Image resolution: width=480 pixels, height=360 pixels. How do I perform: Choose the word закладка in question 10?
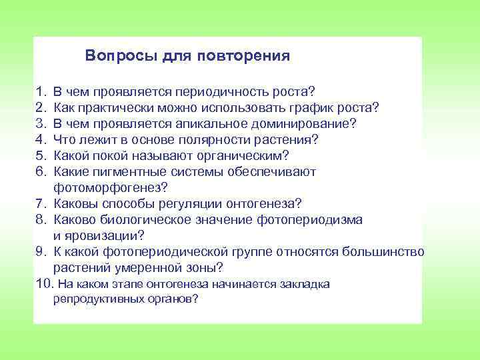click(x=305, y=285)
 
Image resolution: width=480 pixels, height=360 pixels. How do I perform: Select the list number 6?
click(x=41, y=171)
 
